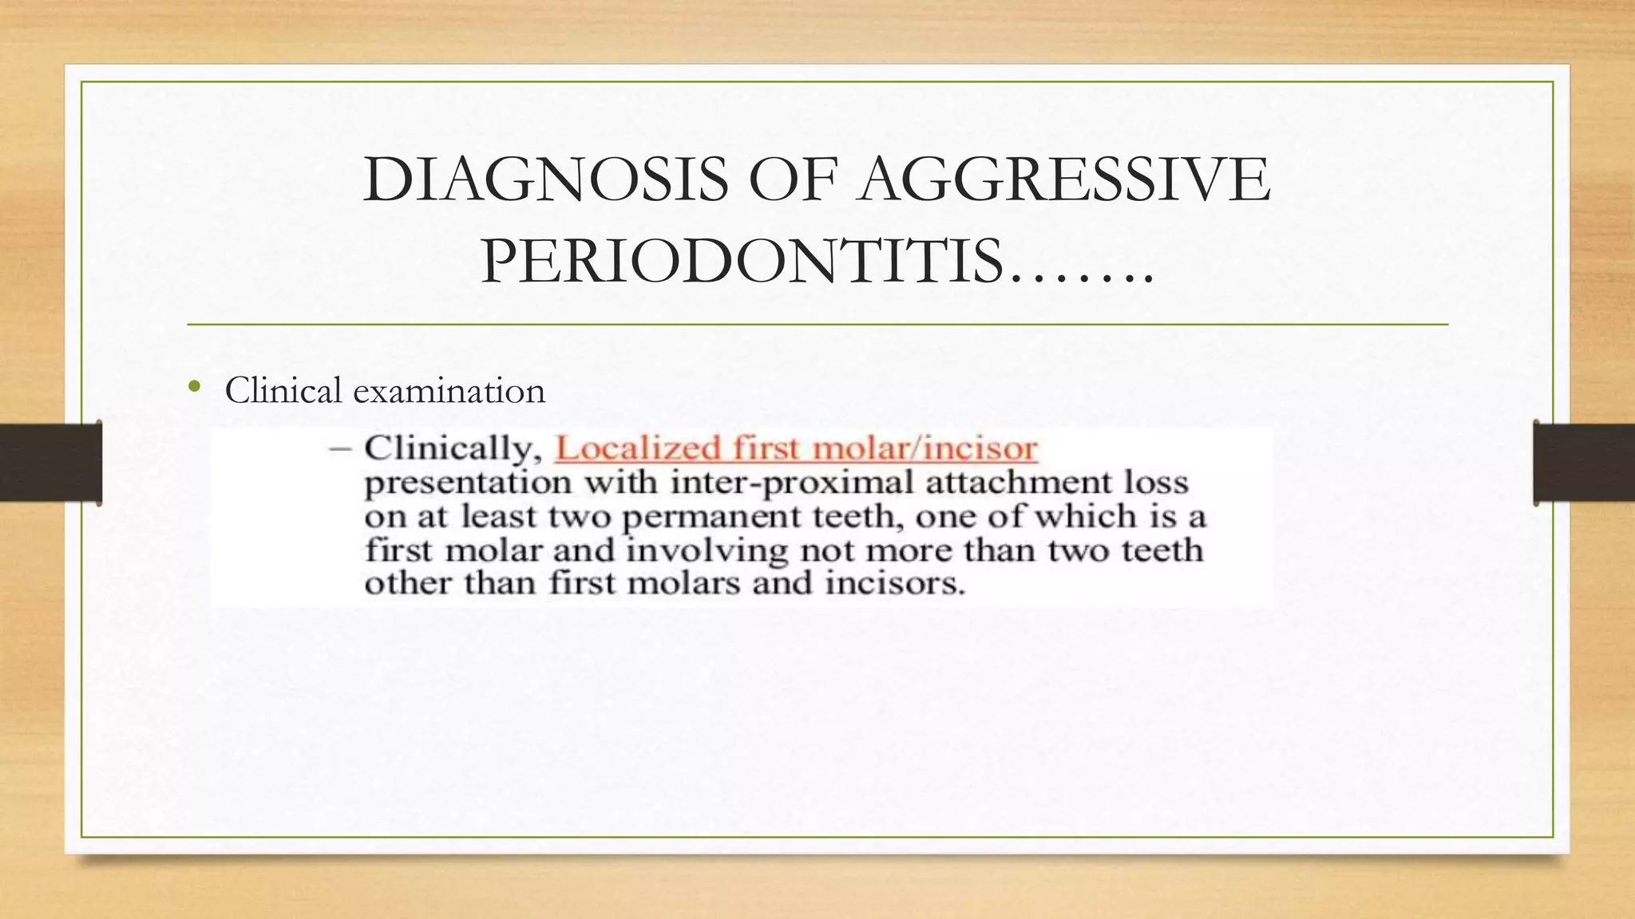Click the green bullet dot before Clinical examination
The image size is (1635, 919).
click(x=194, y=389)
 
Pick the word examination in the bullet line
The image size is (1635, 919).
click(x=449, y=391)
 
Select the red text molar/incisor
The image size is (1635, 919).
click(x=926, y=448)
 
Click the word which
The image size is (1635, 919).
click(x=1087, y=516)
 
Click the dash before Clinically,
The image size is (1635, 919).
click(x=340, y=449)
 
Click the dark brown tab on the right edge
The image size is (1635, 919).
click(x=1584, y=463)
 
